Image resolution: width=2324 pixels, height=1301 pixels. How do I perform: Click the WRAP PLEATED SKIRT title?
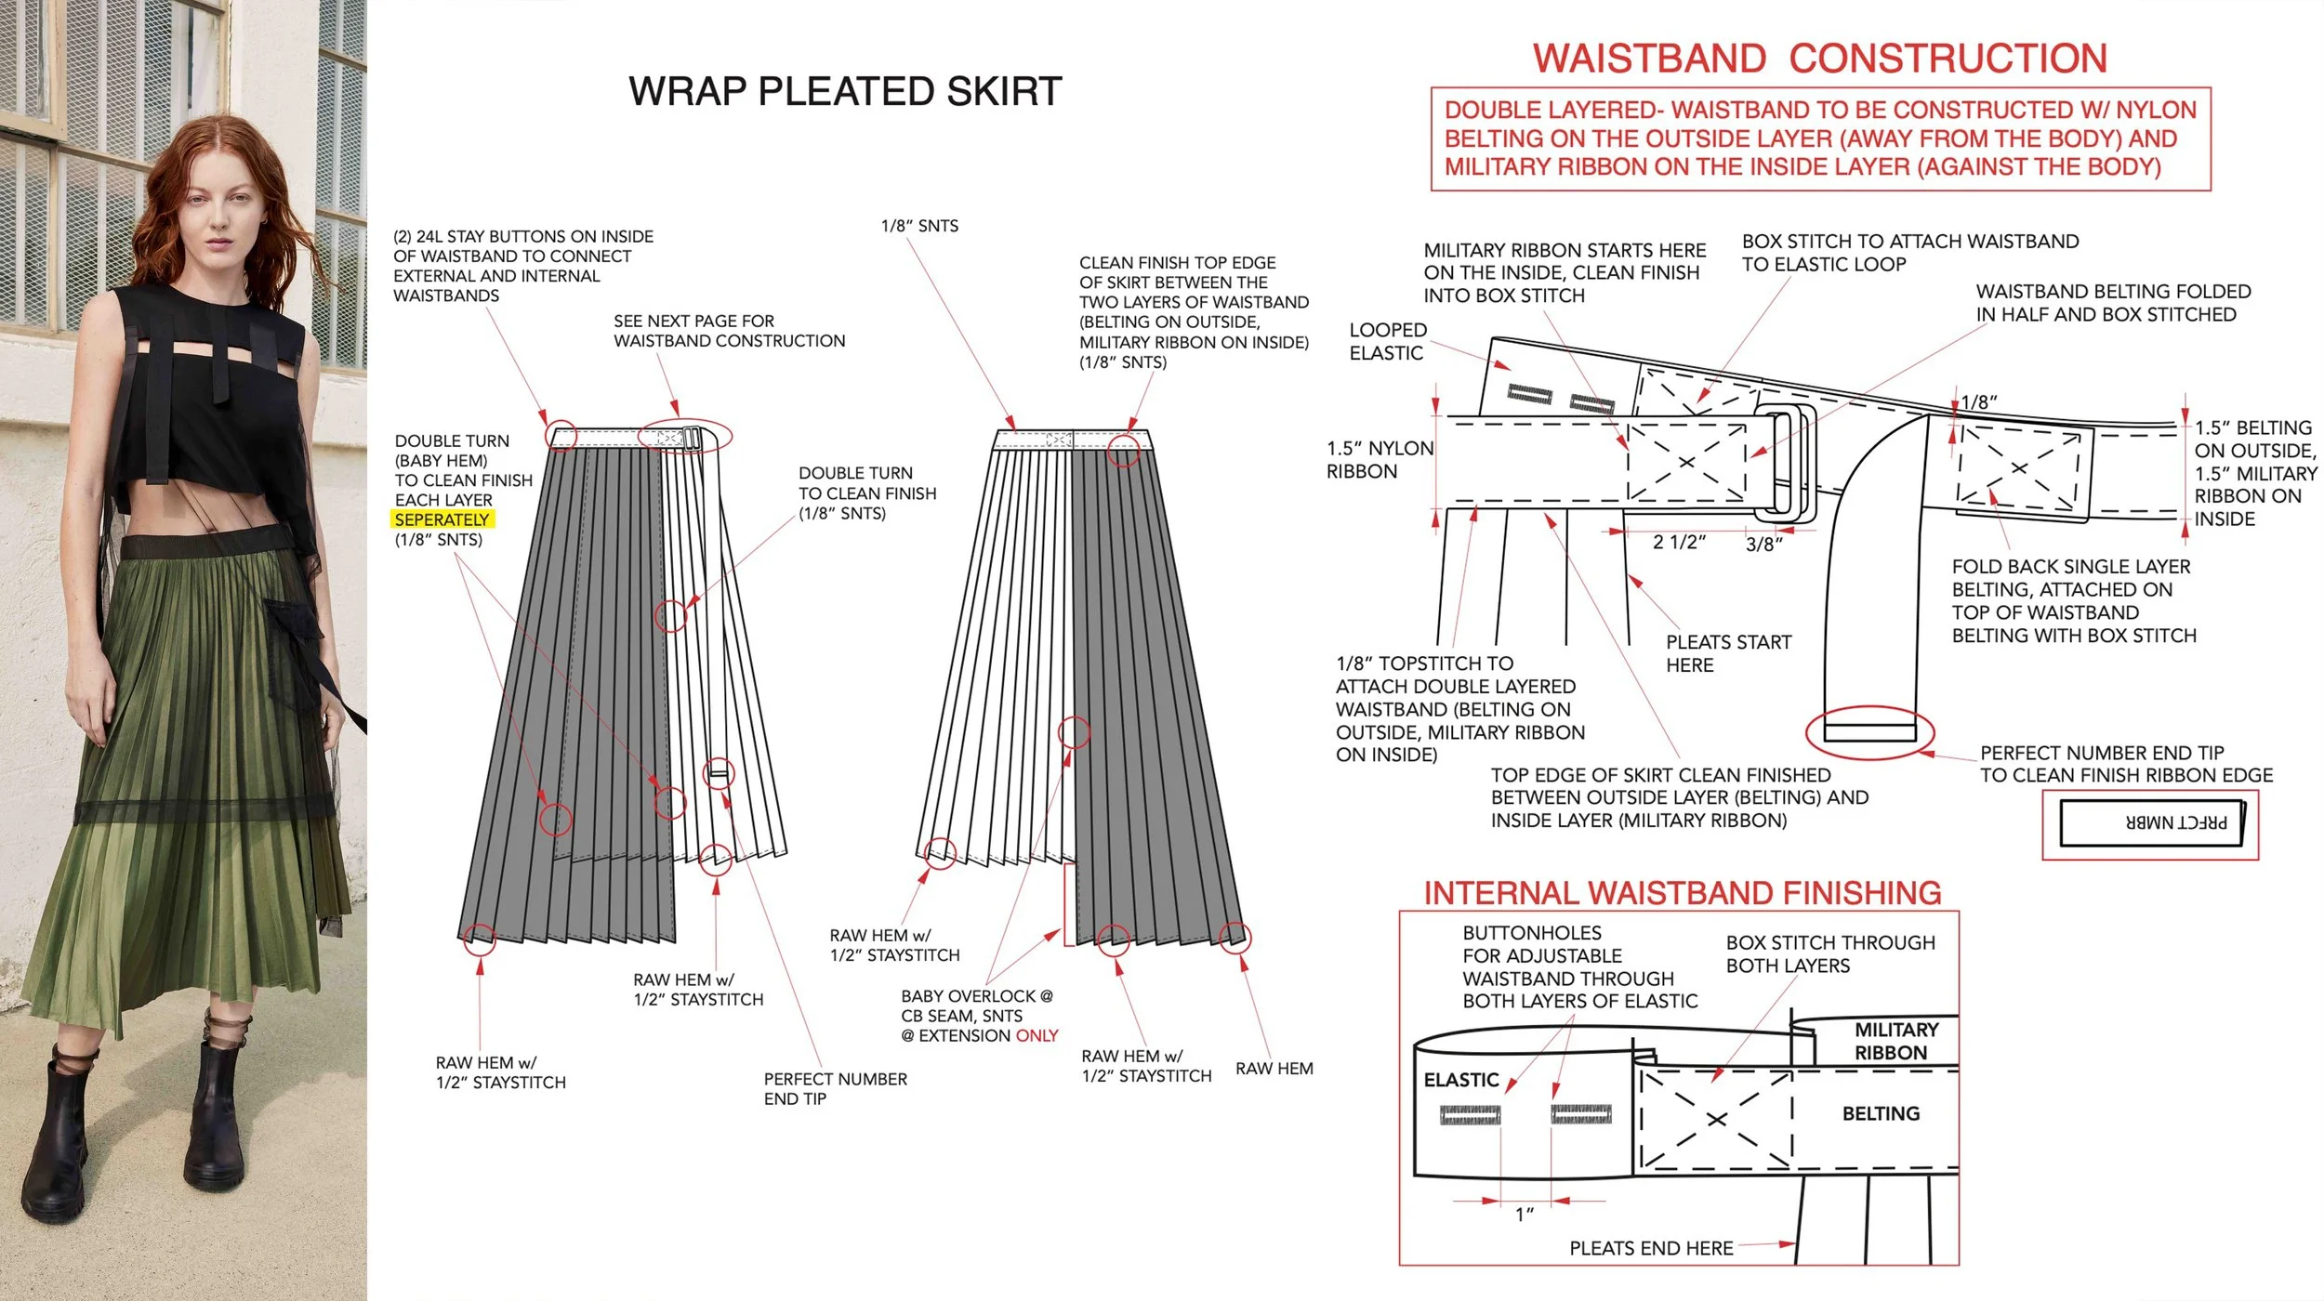(844, 91)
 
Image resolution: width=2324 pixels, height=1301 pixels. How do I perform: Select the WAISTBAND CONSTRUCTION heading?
(1819, 59)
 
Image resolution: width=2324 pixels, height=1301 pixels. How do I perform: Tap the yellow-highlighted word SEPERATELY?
(442, 519)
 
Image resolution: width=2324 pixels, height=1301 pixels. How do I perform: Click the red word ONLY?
(1037, 1035)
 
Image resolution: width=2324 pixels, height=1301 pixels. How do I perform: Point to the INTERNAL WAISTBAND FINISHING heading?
(1682, 893)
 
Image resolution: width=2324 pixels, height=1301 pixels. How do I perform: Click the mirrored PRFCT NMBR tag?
(2150, 822)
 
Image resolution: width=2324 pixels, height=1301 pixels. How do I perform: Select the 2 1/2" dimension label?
(1679, 542)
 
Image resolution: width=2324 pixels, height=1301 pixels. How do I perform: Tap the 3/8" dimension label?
(1763, 544)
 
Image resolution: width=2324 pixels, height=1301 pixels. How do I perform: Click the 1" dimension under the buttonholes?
(1524, 1215)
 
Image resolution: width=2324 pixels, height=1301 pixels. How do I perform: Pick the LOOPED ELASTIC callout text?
(1387, 341)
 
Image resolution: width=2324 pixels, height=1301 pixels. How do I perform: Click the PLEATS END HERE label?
(1651, 1248)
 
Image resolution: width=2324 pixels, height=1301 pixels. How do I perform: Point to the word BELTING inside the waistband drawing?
(1881, 1113)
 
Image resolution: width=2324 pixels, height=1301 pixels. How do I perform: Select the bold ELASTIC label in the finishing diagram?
(1460, 1080)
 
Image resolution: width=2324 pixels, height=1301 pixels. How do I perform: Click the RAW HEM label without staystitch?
(1274, 1069)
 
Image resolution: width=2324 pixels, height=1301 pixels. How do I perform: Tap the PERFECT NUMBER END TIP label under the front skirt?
(835, 1088)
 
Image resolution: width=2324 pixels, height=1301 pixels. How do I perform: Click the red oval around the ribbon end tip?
(1869, 732)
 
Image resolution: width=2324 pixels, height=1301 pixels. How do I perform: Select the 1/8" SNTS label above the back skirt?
(919, 226)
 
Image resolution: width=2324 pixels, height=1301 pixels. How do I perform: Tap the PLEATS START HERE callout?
(1727, 653)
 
